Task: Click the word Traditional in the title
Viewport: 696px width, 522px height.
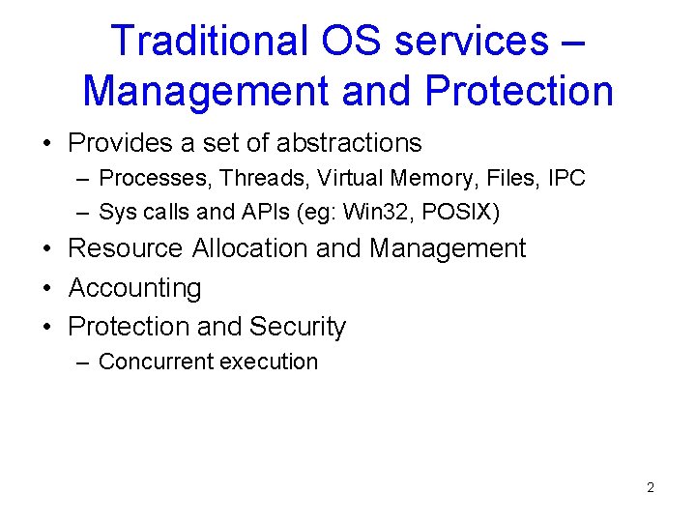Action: coord(204,41)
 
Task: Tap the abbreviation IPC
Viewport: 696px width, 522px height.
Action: coord(565,178)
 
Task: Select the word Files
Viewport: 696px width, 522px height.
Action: coord(506,178)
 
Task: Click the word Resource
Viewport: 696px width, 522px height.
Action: coord(125,248)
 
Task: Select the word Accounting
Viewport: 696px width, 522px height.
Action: coord(134,288)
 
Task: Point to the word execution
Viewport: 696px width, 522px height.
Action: coord(270,362)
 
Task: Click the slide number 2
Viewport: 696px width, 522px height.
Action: coord(650,487)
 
